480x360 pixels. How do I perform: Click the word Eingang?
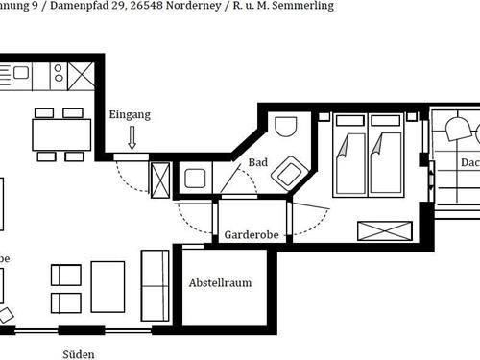(130, 115)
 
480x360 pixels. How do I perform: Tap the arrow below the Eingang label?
(132, 140)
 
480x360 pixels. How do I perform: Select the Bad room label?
(257, 163)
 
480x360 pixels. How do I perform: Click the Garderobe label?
(252, 235)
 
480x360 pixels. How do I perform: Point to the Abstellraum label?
(220, 284)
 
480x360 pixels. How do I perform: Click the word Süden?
(79, 353)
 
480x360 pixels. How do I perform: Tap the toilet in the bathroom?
(286, 129)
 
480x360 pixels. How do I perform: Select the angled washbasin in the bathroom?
(288, 176)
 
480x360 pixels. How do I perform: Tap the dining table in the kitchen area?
(60, 133)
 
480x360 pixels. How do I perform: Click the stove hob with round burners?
(58, 72)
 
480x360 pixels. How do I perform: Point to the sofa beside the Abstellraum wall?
(155, 282)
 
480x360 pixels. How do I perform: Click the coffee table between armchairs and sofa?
(108, 288)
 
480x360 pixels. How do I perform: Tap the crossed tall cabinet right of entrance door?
(160, 179)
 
